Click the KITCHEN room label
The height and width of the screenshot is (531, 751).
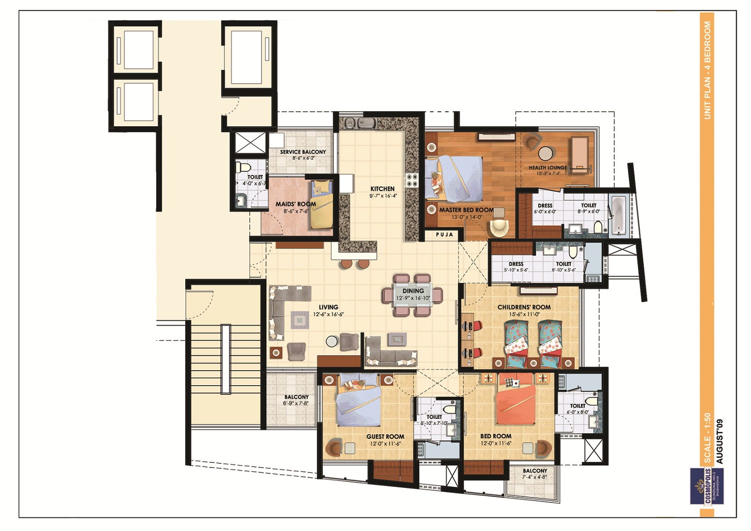click(383, 189)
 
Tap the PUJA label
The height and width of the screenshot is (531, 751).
click(444, 234)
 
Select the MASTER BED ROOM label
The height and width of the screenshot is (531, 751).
click(466, 210)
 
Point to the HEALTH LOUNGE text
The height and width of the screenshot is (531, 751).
click(548, 168)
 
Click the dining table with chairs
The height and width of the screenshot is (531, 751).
click(413, 295)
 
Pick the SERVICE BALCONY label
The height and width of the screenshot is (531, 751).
click(303, 152)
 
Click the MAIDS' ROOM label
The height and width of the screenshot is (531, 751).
click(295, 204)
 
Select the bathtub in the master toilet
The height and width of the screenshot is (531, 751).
click(618, 215)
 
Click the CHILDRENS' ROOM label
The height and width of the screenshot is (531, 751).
click(524, 307)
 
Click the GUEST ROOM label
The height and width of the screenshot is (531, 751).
click(385, 436)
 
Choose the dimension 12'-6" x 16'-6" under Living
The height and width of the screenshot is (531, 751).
click(328, 315)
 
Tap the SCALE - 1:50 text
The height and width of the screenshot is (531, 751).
click(707, 438)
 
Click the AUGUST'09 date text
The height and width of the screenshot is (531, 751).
click(719, 441)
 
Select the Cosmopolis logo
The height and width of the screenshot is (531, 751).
click(707, 486)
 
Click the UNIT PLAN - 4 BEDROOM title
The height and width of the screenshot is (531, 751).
click(707, 70)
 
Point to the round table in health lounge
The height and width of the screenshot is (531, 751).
click(545, 153)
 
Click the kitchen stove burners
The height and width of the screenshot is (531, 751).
click(412, 180)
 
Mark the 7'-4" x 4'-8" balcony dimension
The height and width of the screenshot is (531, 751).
click(535, 477)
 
